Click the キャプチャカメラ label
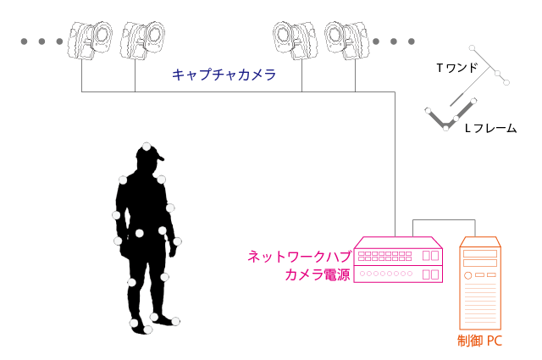coord(224,75)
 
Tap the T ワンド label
coord(456,68)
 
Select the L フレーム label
coord(490,128)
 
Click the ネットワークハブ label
coord(299,257)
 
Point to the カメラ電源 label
coord(318,274)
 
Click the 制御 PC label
coord(479,341)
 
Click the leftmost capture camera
coord(91,41)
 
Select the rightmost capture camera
coord(346,41)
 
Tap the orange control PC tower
coord(480,283)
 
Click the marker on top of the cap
coord(147,147)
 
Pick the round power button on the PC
coord(467,275)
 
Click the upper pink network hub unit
coord(398,251)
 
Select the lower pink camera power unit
coord(398,274)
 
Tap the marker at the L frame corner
coord(446,128)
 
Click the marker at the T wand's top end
coord(473,47)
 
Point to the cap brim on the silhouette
coord(160,158)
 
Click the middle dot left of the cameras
coord(41,42)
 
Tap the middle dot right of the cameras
coord(394,42)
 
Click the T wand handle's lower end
coord(451,106)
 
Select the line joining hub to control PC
coord(444,219)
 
